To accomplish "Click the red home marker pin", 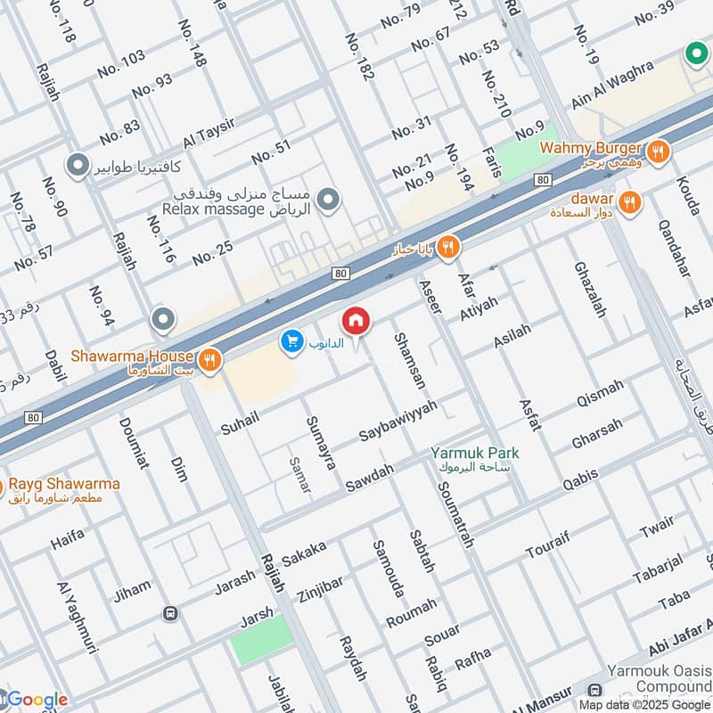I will (x=356, y=322).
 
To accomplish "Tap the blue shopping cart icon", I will (x=290, y=340).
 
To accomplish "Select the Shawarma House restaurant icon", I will (x=209, y=359).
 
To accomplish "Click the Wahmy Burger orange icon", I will (x=658, y=151).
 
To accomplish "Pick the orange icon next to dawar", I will (x=629, y=202).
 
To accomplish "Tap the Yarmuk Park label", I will (x=474, y=453).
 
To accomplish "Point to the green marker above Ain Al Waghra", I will (x=695, y=54).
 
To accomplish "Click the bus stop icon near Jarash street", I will (x=169, y=613).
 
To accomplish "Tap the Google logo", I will (x=36, y=700).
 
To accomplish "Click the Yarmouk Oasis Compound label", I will (x=660, y=678).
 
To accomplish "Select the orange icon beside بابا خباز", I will (x=450, y=248).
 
